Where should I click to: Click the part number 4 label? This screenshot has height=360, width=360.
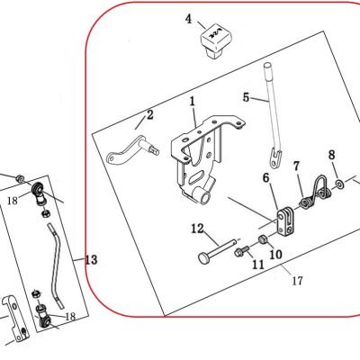click(x=188, y=19)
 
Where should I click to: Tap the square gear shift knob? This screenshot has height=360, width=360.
click(x=215, y=41)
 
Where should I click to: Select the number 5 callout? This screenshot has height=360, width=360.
click(x=246, y=97)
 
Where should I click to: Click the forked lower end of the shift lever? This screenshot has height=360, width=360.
click(x=275, y=157)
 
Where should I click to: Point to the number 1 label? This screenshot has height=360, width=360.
click(x=192, y=101)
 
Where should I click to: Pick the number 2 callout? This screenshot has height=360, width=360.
click(x=150, y=114)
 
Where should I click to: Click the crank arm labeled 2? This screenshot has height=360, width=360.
click(x=132, y=149)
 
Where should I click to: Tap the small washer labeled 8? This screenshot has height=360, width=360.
click(x=340, y=183)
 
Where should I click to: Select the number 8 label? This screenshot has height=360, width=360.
click(x=331, y=155)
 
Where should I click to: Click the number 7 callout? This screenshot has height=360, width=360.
click(x=296, y=166)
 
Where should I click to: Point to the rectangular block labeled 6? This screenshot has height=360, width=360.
click(x=286, y=221)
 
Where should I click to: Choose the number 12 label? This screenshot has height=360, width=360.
click(x=197, y=229)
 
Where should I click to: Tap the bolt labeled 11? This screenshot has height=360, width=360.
click(x=242, y=250)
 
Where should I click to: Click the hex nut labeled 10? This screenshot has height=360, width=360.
click(x=263, y=239)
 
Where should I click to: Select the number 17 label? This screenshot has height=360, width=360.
click(x=297, y=281)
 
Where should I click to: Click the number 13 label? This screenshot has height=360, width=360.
click(x=91, y=259)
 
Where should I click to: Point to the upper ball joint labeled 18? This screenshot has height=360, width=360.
click(x=39, y=193)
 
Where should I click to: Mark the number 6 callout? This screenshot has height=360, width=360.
click(x=266, y=177)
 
